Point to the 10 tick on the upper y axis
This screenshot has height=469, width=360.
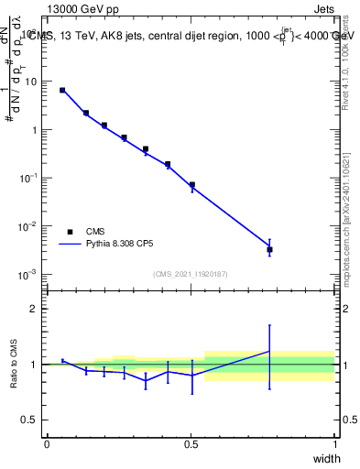[x=34, y=82]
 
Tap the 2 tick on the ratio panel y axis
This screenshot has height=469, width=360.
[x=35, y=309]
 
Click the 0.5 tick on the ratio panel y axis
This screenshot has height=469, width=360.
[x=31, y=420]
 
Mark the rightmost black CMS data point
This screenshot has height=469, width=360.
[x=269, y=249]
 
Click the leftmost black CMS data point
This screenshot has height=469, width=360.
[x=62, y=90]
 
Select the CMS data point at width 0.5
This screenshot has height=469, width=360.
[x=192, y=184]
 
